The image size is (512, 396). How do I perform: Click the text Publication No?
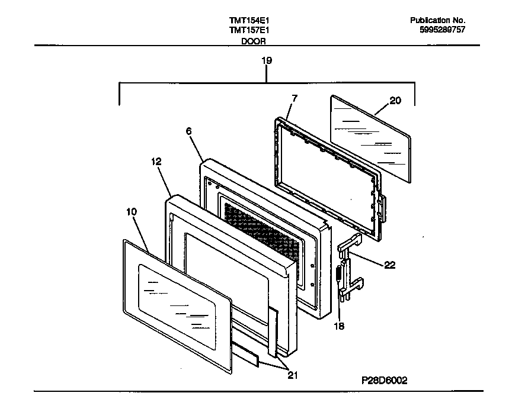click(x=437, y=20)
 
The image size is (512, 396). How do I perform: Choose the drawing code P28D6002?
click(x=384, y=381)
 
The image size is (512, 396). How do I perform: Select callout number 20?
click(x=395, y=101)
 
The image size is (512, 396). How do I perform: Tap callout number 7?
click(x=295, y=98)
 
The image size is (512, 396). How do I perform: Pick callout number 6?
click(x=189, y=132)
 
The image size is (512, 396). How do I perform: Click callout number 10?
click(x=132, y=210)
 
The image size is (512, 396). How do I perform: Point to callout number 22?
click(x=390, y=265)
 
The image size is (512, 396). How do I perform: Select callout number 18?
click(x=339, y=325)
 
